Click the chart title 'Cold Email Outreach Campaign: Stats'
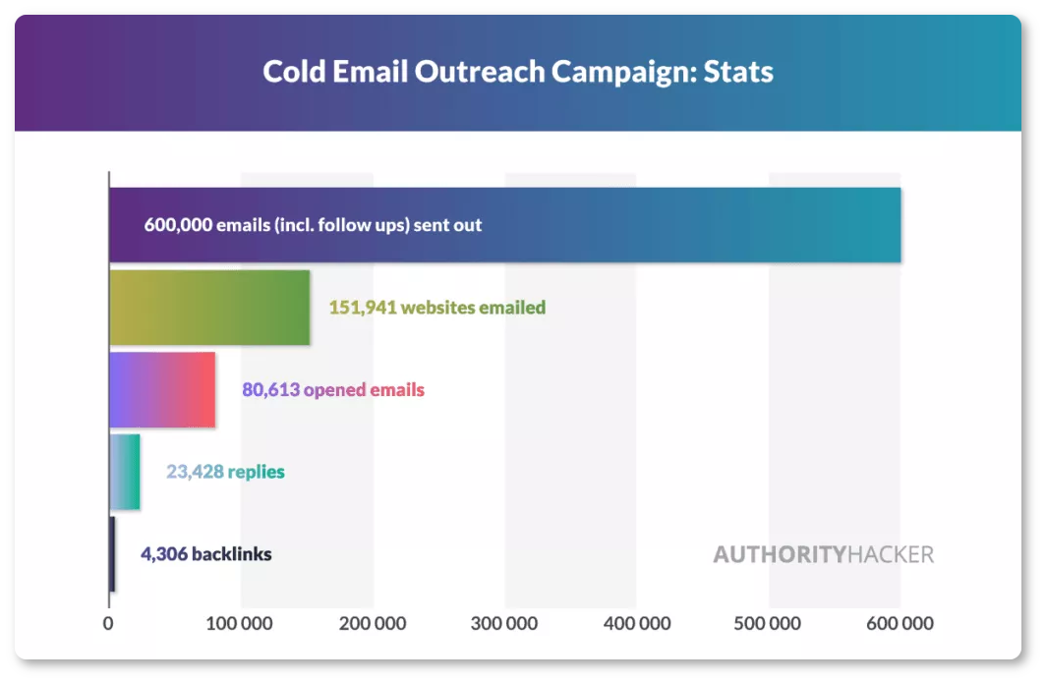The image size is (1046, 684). click(518, 72)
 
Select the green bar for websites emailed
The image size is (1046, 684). click(209, 308)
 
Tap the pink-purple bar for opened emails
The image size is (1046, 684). click(163, 389)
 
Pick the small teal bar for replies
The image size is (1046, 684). click(125, 472)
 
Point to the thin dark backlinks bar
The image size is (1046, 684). click(112, 554)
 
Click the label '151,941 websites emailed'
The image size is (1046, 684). click(436, 308)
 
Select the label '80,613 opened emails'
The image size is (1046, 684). click(333, 389)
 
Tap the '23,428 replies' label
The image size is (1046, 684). click(225, 472)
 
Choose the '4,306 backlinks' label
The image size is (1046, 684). click(206, 554)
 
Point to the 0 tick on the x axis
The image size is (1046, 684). click(108, 623)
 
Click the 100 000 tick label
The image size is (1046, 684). click(239, 623)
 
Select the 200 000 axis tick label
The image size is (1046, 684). click(373, 623)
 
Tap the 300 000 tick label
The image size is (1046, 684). click(503, 623)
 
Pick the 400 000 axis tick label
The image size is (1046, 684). click(637, 623)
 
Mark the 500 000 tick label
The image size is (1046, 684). click(767, 623)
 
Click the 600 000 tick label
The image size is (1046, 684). click(900, 623)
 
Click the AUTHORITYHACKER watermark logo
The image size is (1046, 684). click(823, 554)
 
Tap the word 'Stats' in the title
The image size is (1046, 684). click(738, 72)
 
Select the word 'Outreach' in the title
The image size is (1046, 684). click(480, 72)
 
